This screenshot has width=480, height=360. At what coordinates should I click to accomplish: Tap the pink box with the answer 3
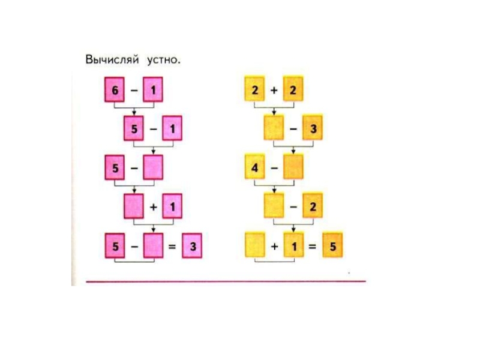tap(193, 247)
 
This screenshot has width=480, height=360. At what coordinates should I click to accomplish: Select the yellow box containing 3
tap(313, 130)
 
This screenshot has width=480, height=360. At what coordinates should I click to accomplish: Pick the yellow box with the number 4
tap(254, 168)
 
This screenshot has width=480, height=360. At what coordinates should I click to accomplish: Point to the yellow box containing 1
tap(293, 247)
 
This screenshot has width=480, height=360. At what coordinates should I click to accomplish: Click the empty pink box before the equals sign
tap(153, 247)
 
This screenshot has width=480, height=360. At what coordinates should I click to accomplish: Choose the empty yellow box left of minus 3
tap(274, 130)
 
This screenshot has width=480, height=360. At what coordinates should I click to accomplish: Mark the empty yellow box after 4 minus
tap(293, 168)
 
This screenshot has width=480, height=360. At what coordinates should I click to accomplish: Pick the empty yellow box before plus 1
tap(254, 247)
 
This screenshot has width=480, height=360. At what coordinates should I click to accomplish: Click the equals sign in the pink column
tap(173, 247)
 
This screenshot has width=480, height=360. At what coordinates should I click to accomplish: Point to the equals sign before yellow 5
tap(313, 247)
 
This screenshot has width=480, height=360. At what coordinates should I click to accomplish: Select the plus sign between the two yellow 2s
tap(274, 91)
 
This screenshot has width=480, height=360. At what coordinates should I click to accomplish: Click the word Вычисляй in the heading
tap(112, 60)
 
